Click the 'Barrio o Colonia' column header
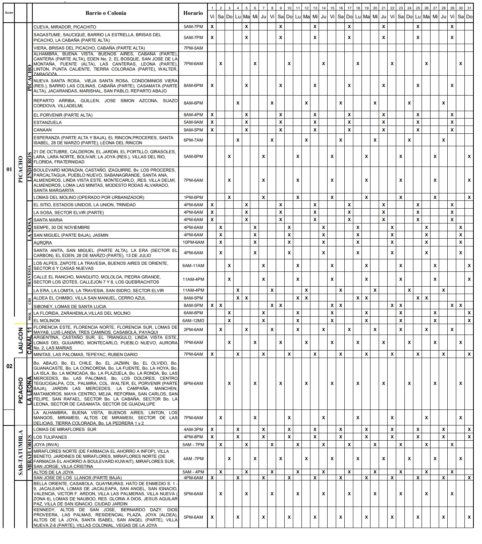coord(106,13)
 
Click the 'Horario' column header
coord(193,13)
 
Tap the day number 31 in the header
coord(469,8)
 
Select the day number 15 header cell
coord(332,8)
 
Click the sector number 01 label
coord(9,170)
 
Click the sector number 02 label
coord(9,367)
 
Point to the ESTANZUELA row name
coord(48,122)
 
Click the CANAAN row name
coord(43,130)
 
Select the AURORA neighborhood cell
coord(43,243)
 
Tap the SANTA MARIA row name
coord(48,220)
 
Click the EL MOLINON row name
coord(47,321)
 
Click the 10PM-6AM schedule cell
coord(193,243)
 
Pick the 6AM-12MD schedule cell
coord(193,321)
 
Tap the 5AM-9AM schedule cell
coord(193,122)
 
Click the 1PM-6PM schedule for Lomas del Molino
coord(193,197)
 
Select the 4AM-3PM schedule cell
coord(193,429)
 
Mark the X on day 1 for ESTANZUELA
coord(212,122)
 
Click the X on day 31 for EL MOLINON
coord(469,321)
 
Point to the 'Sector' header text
coord(9,13)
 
